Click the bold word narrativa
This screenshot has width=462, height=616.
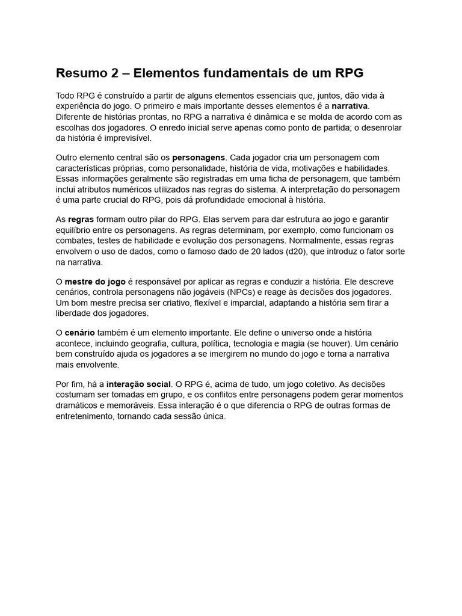click(x=345, y=106)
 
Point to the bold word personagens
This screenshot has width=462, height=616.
click(x=199, y=158)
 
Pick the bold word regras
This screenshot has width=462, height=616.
click(x=81, y=220)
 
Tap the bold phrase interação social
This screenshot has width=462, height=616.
click(x=139, y=384)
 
